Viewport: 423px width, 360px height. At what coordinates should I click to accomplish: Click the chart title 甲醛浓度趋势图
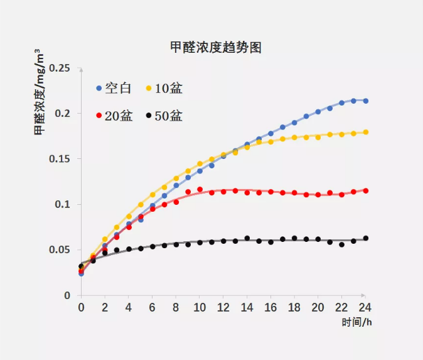tap(216, 48)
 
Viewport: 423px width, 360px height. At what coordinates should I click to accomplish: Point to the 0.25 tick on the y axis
tap(61, 68)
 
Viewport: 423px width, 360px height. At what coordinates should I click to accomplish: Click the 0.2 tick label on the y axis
tap(63, 113)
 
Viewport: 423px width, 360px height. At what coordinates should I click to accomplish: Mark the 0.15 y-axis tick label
tap(61, 159)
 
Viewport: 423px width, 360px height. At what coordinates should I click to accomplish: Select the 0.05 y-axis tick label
tap(61, 250)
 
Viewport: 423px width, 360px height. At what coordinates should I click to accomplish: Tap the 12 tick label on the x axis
tap(223, 308)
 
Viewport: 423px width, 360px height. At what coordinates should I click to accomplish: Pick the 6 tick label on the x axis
tap(153, 308)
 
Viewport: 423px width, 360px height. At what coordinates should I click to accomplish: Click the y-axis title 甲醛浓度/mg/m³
tap(39, 92)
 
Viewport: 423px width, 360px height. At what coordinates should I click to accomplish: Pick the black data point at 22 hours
tap(342, 244)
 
